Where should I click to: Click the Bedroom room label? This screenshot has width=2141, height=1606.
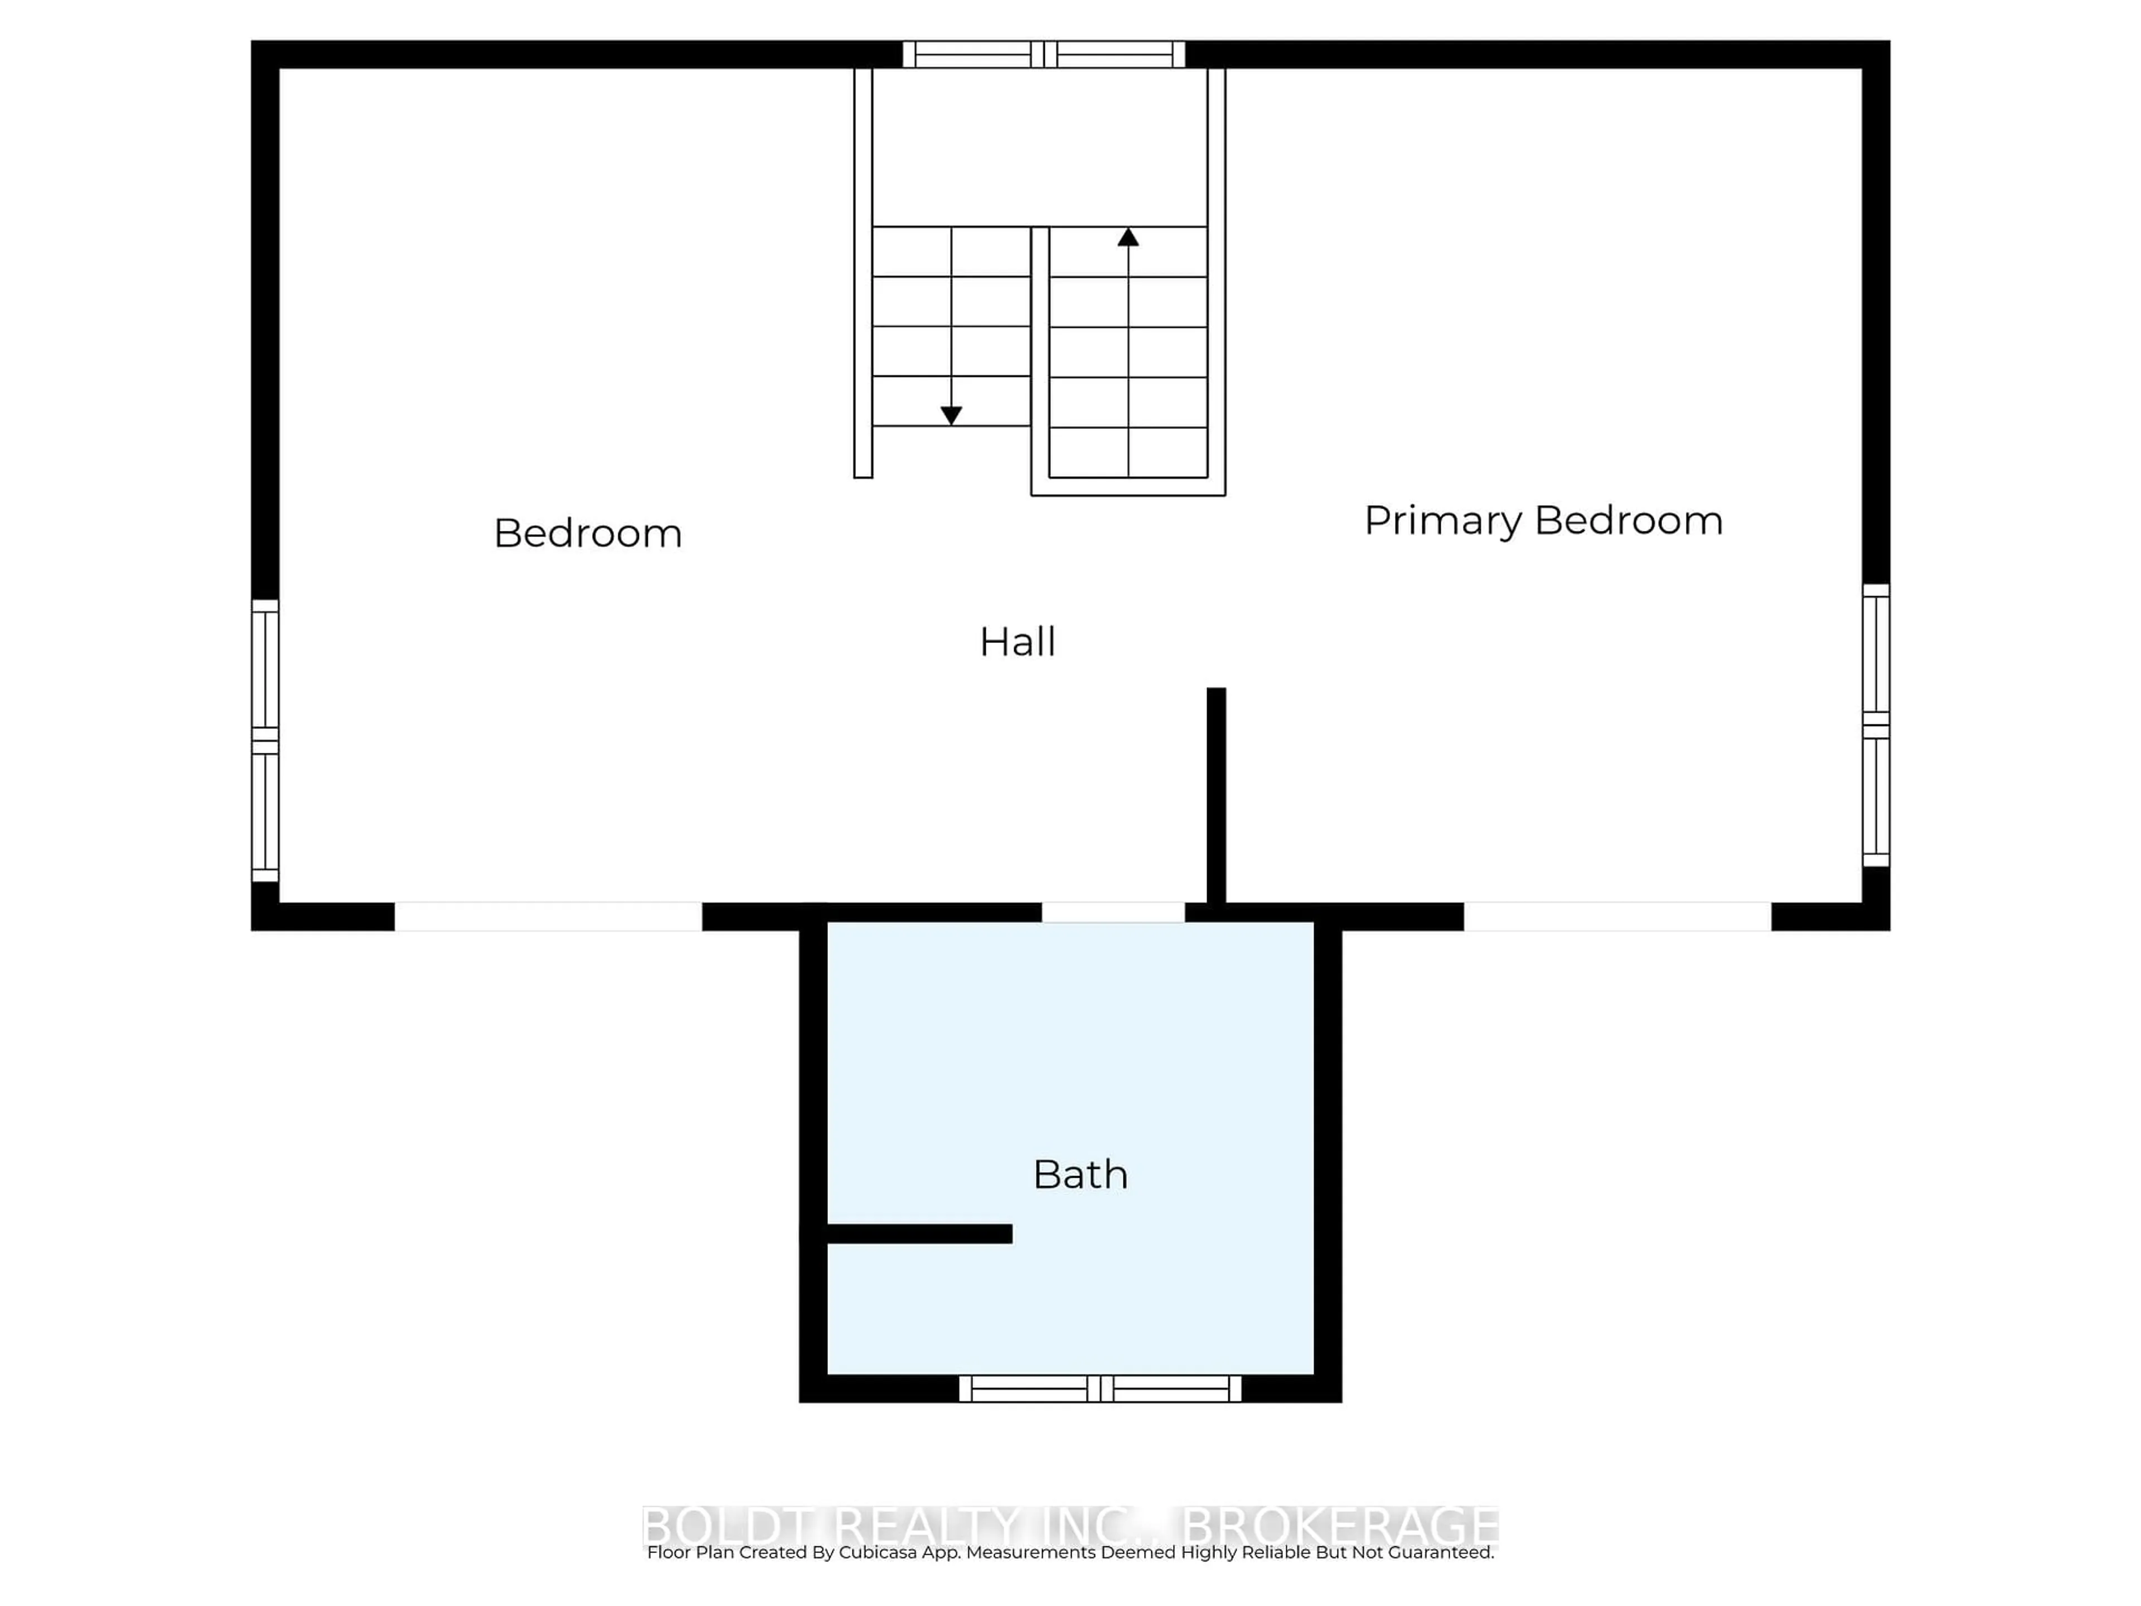pos(588,534)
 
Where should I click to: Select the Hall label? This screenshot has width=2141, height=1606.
pos(1018,642)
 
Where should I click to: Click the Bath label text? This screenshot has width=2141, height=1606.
pos(1080,1175)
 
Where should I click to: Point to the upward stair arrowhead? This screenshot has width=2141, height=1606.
pos(1127,237)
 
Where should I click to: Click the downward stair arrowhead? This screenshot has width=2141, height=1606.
pos(951,415)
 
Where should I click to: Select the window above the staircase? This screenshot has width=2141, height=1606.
pos(1043,54)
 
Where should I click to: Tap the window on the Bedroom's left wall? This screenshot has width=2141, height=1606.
pos(265,741)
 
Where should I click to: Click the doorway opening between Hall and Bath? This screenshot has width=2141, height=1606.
pos(1112,912)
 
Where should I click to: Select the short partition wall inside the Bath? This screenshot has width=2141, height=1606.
pos(918,1233)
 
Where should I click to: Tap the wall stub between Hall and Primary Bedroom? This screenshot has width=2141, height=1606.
pos(1215,794)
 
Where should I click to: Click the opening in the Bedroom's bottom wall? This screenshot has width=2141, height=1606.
pos(548,916)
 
